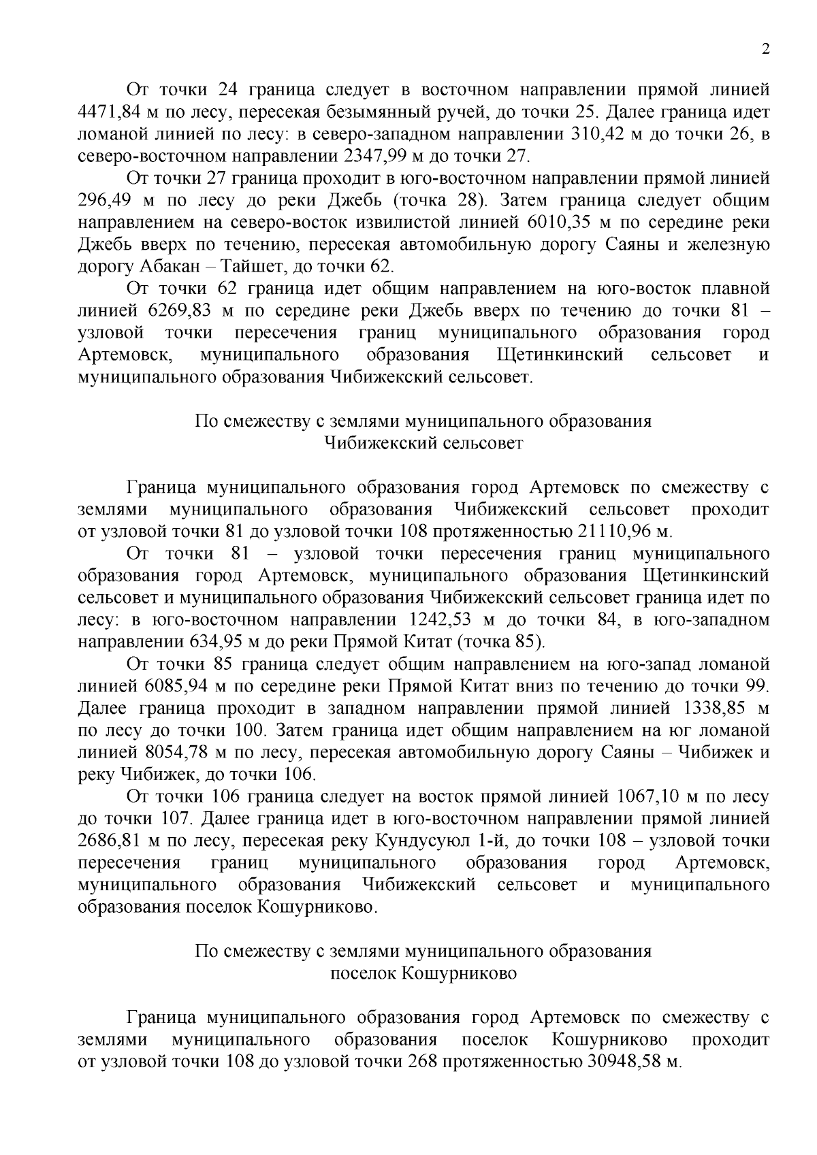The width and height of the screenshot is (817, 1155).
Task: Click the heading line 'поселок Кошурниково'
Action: (x=423, y=973)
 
